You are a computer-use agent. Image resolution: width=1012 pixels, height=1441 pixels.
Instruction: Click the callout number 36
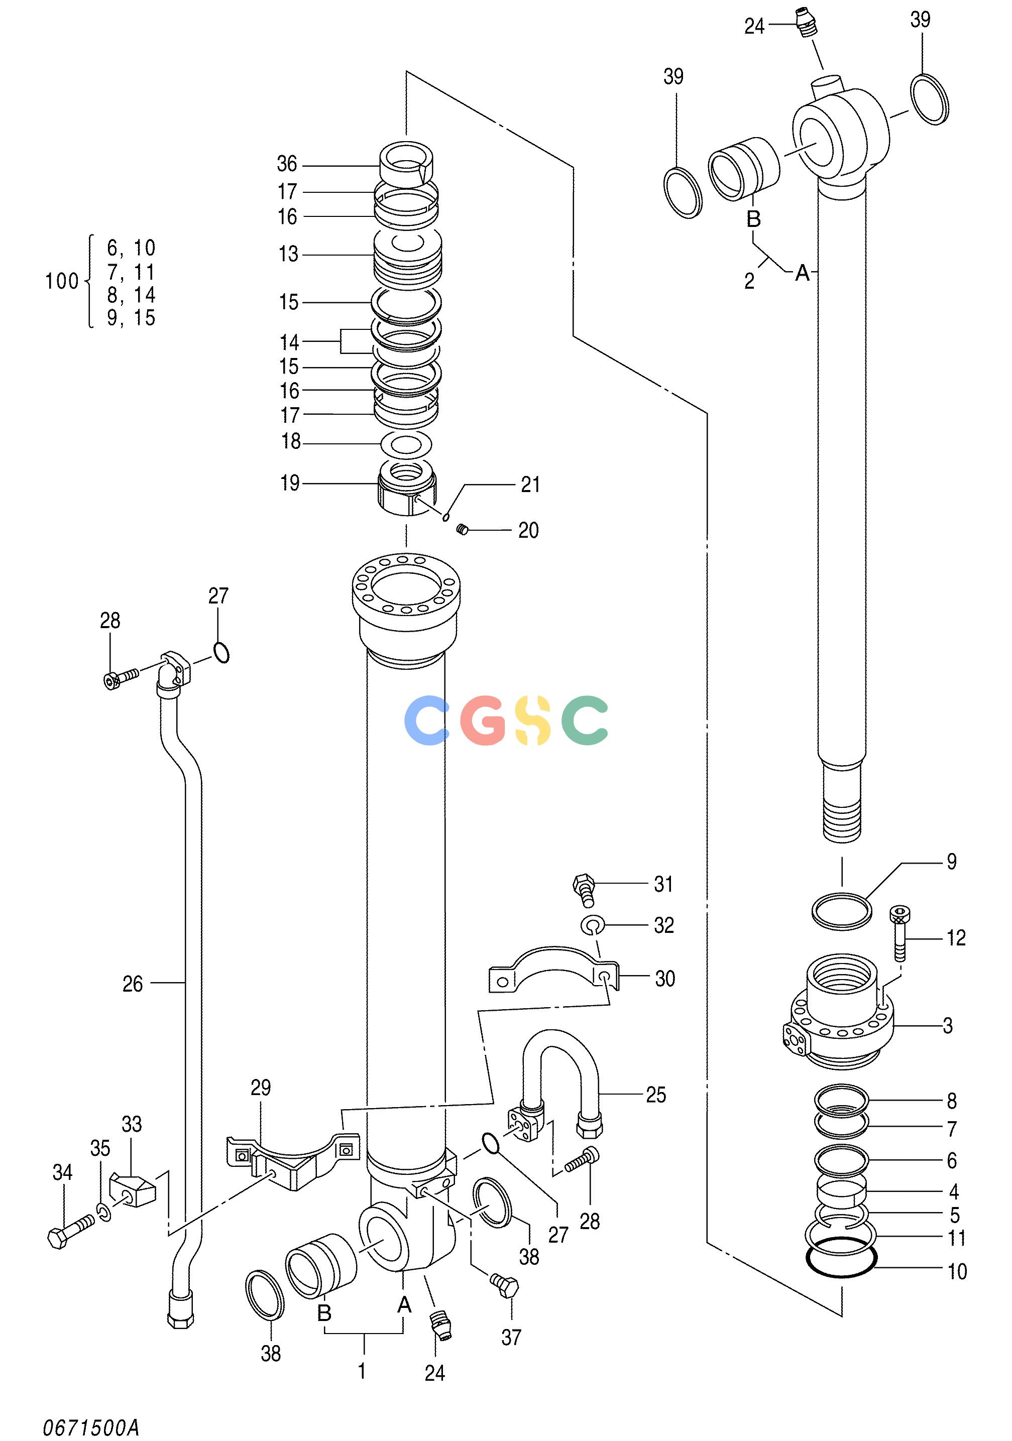click(287, 164)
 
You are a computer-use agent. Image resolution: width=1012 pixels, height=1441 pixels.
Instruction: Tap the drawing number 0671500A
click(91, 1428)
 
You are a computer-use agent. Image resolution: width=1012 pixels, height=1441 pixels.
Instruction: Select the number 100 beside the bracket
click(61, 281)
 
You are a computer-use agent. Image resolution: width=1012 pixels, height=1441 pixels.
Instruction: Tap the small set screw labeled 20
click(463, 530)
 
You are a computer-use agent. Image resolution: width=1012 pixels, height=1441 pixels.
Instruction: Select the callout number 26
click(133, 984)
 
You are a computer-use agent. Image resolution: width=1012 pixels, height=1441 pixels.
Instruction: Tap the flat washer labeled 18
click(407, 444)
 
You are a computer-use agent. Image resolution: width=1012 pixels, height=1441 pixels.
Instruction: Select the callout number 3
click(948, 1025)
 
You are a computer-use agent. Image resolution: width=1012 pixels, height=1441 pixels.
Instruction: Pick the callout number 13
click(288, 254)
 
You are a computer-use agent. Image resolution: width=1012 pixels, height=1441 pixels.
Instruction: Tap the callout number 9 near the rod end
click(952, 862)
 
